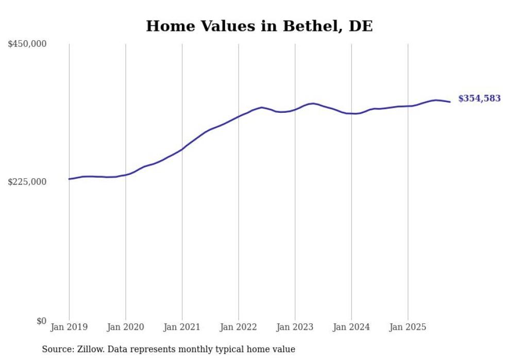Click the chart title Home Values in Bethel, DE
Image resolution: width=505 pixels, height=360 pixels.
point(259,26)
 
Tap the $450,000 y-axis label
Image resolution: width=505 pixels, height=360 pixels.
point(27,44)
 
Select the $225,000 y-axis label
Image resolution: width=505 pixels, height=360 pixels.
point(27,182)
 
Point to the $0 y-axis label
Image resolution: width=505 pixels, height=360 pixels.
point(41,321)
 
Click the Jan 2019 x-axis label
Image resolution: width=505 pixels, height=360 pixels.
point(69,327)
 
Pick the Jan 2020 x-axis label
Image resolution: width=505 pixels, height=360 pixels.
point(126,327)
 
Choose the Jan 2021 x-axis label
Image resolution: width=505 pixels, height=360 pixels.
point(182,327)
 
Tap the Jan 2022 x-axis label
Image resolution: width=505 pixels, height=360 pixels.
point(239,327)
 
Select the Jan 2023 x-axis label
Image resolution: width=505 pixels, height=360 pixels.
point(295,327)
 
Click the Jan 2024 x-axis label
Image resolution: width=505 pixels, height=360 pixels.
point(351,327)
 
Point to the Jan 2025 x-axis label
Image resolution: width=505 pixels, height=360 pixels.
point(408,327)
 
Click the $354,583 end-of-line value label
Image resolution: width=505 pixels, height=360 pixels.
point(479,98)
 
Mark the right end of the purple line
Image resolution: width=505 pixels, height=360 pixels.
point(450,101)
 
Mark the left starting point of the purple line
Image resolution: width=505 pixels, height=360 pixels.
point(69,179)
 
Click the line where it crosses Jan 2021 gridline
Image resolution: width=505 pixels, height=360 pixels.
point(182,149)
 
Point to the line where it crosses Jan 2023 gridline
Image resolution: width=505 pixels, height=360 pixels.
point(295,109)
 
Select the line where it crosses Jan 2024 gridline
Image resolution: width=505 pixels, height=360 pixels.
point(351,113)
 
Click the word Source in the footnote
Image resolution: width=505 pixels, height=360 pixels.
point(56,349)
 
